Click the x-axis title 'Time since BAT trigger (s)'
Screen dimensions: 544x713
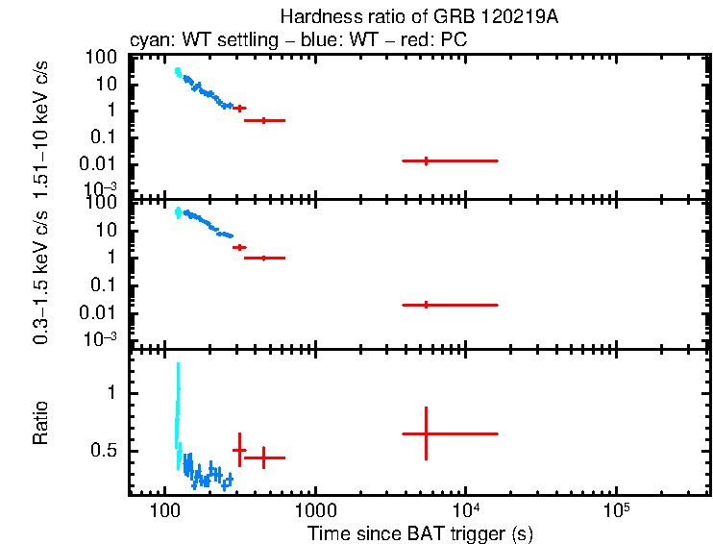pos(420,532)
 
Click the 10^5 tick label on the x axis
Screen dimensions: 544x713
pos(615,507)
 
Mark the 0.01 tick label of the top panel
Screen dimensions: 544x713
pos(101,162)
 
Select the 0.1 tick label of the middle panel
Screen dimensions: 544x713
pos(104,285)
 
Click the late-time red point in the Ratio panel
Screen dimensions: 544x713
pos(426,433)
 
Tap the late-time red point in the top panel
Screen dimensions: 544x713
pos(426,161)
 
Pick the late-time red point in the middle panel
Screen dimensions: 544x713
pos(426,305)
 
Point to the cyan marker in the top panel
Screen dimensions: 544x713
pos(178,72)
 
